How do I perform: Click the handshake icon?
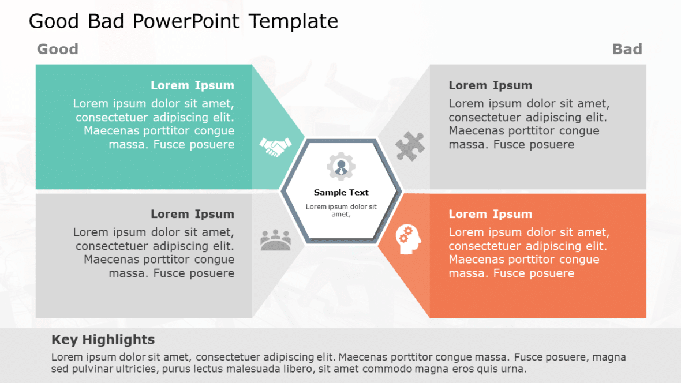pos(275,147)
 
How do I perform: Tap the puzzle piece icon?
pos(410,146)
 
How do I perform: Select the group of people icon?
pos(275,240)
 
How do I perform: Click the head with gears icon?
pos(409,239)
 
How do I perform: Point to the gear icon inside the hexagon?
pos(341,167)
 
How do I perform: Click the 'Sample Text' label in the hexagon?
pos(341,193)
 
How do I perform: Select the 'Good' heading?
pos(58,50)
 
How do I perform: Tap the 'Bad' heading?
pos(627,50)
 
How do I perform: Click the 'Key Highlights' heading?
pos(103,340)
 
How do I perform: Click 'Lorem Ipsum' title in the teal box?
pos(192,85)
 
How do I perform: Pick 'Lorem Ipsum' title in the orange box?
pos(490,214)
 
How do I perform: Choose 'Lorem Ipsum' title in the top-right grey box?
pos(490,85)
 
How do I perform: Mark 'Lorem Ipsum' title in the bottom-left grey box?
pos(192,214)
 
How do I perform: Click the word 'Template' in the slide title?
pos(294,21)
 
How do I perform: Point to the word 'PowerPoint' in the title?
pos(185,21)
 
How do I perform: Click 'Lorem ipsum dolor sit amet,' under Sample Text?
pos(341,210)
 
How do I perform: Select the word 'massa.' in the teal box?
pos(129,144)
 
